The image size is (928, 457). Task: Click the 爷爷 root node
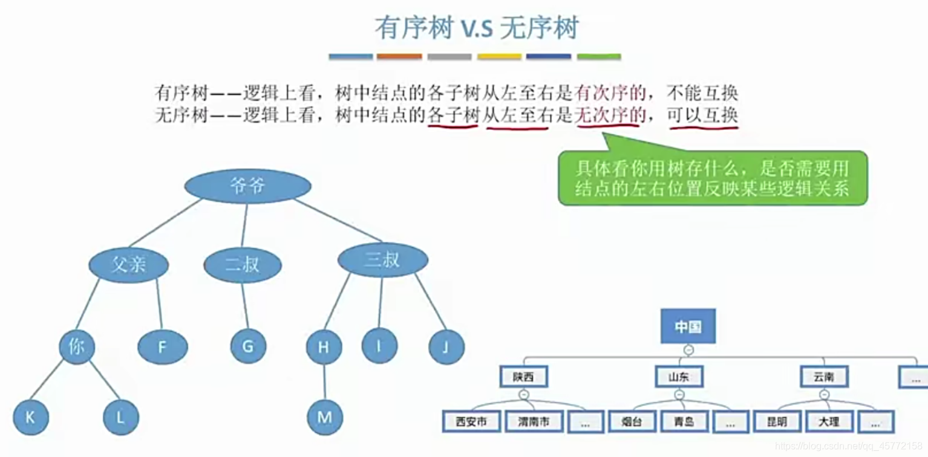[x=248, y=186]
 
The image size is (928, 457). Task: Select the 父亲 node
[x=129, y=265]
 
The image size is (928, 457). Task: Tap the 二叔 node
[x=243, y=265]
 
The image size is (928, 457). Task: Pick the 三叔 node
[x=383, y=259]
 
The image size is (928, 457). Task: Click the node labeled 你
[x=77, y=346]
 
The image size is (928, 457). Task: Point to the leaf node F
[x=162, y=347]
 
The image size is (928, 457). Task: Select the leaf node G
[x=248, y=346]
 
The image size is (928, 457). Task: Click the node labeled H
[x=324, y=347]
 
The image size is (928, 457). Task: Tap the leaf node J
[x=446, y=347]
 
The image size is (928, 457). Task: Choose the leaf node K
[x=31, y=417]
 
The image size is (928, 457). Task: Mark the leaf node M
[x=325, y=417]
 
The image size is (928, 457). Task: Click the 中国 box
[x=688, y=326]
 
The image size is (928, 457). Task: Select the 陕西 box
[x=524, y=377]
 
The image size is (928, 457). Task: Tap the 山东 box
[x=679, y=377]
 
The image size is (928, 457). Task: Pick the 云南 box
[x=824, y=377]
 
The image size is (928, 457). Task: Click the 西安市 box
[x=471, y=422]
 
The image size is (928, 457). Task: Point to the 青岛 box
[x=684, y=422]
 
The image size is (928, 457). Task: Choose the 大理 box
[x=829, y=422]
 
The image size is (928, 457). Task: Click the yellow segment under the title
[x=499, y=57]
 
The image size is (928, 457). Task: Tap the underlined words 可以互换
[x=702, y=115]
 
